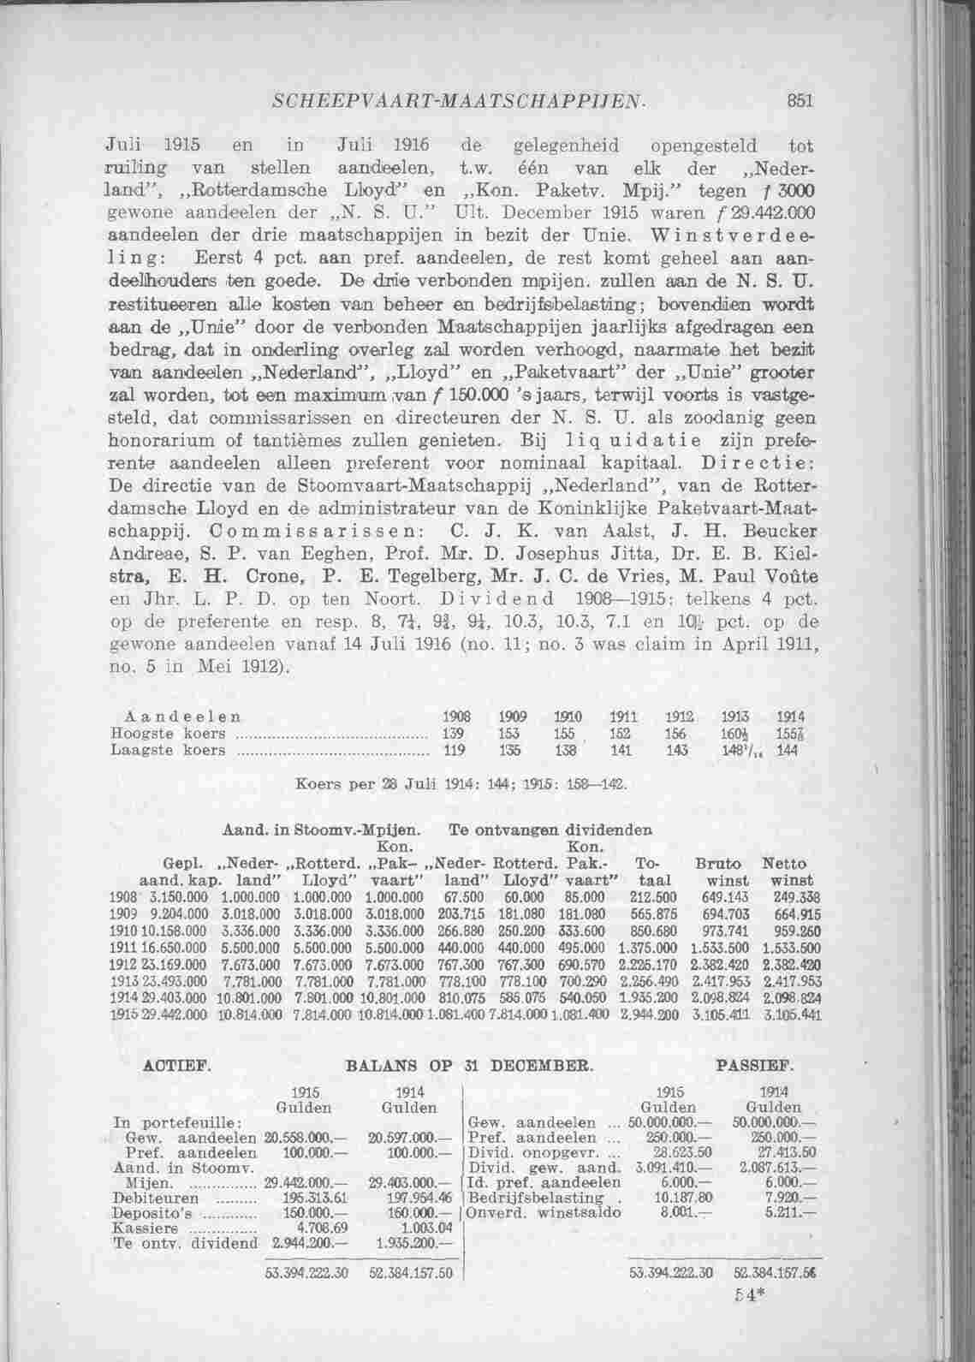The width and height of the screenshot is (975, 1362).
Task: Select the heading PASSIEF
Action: tap(752, 1066)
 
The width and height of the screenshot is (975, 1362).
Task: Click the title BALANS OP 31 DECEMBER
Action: tap(469, 1066)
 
